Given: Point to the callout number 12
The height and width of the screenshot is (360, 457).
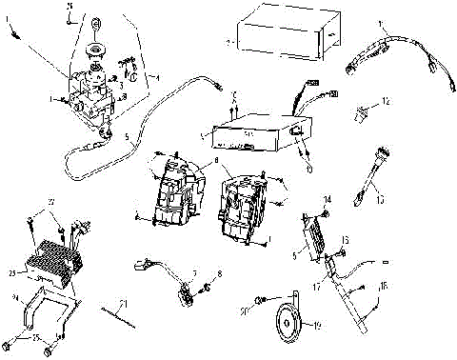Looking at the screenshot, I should [385, 100].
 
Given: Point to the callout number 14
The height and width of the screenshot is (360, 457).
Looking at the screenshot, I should [327, 199].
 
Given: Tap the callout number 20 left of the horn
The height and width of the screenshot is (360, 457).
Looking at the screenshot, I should [245, 311].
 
